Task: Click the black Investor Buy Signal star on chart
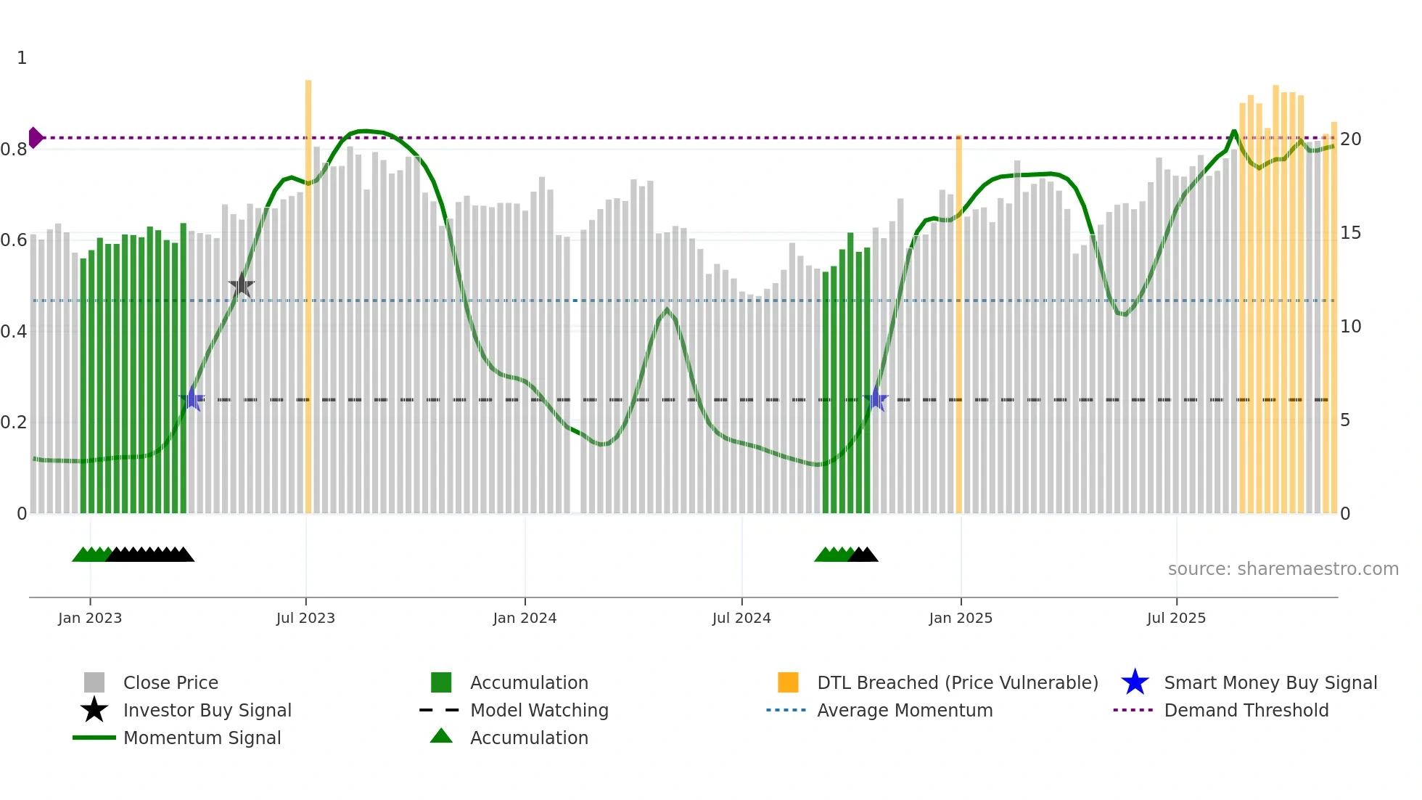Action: pyautogui.click(x=242, y=285)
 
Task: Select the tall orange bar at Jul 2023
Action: pyautogui.click(x=308, y=290)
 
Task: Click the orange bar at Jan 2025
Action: pyautogui.click(x=959, y=327)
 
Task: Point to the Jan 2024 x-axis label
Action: pyautogui.click(x=525, y=619)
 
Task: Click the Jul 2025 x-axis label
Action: pyautogui.click(x=1176, y=619)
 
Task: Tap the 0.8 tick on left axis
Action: pyautogui.click(x=14, y=150)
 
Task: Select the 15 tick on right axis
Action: pyautogui.click(x=1350, y=233)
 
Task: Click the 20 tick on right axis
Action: pyautogui.click(x=1350, y=139)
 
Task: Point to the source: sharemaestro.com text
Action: pyautogui.click(x=1283, y=569)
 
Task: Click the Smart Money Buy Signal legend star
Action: pyautogui.click(x=1135, y=682)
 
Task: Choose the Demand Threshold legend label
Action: pyautogui.click(x=1246, y=711)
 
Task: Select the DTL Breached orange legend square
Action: pyautogui.click(x=788, y=682)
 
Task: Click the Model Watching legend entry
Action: pyautogui.click(x=539, y=711)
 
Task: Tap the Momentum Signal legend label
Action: pyautogui.click(x=202, y=738)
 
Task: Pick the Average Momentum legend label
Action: pyautogui.click(x=904, y=711)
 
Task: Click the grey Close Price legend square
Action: pyautogui.click(x=94, y=682)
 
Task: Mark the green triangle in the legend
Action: pyautogui.click(x=441, y=737)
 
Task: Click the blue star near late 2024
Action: pyautogui.click(x=876, y=399)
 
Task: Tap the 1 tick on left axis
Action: pyautogui.click(x=22, y=58)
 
